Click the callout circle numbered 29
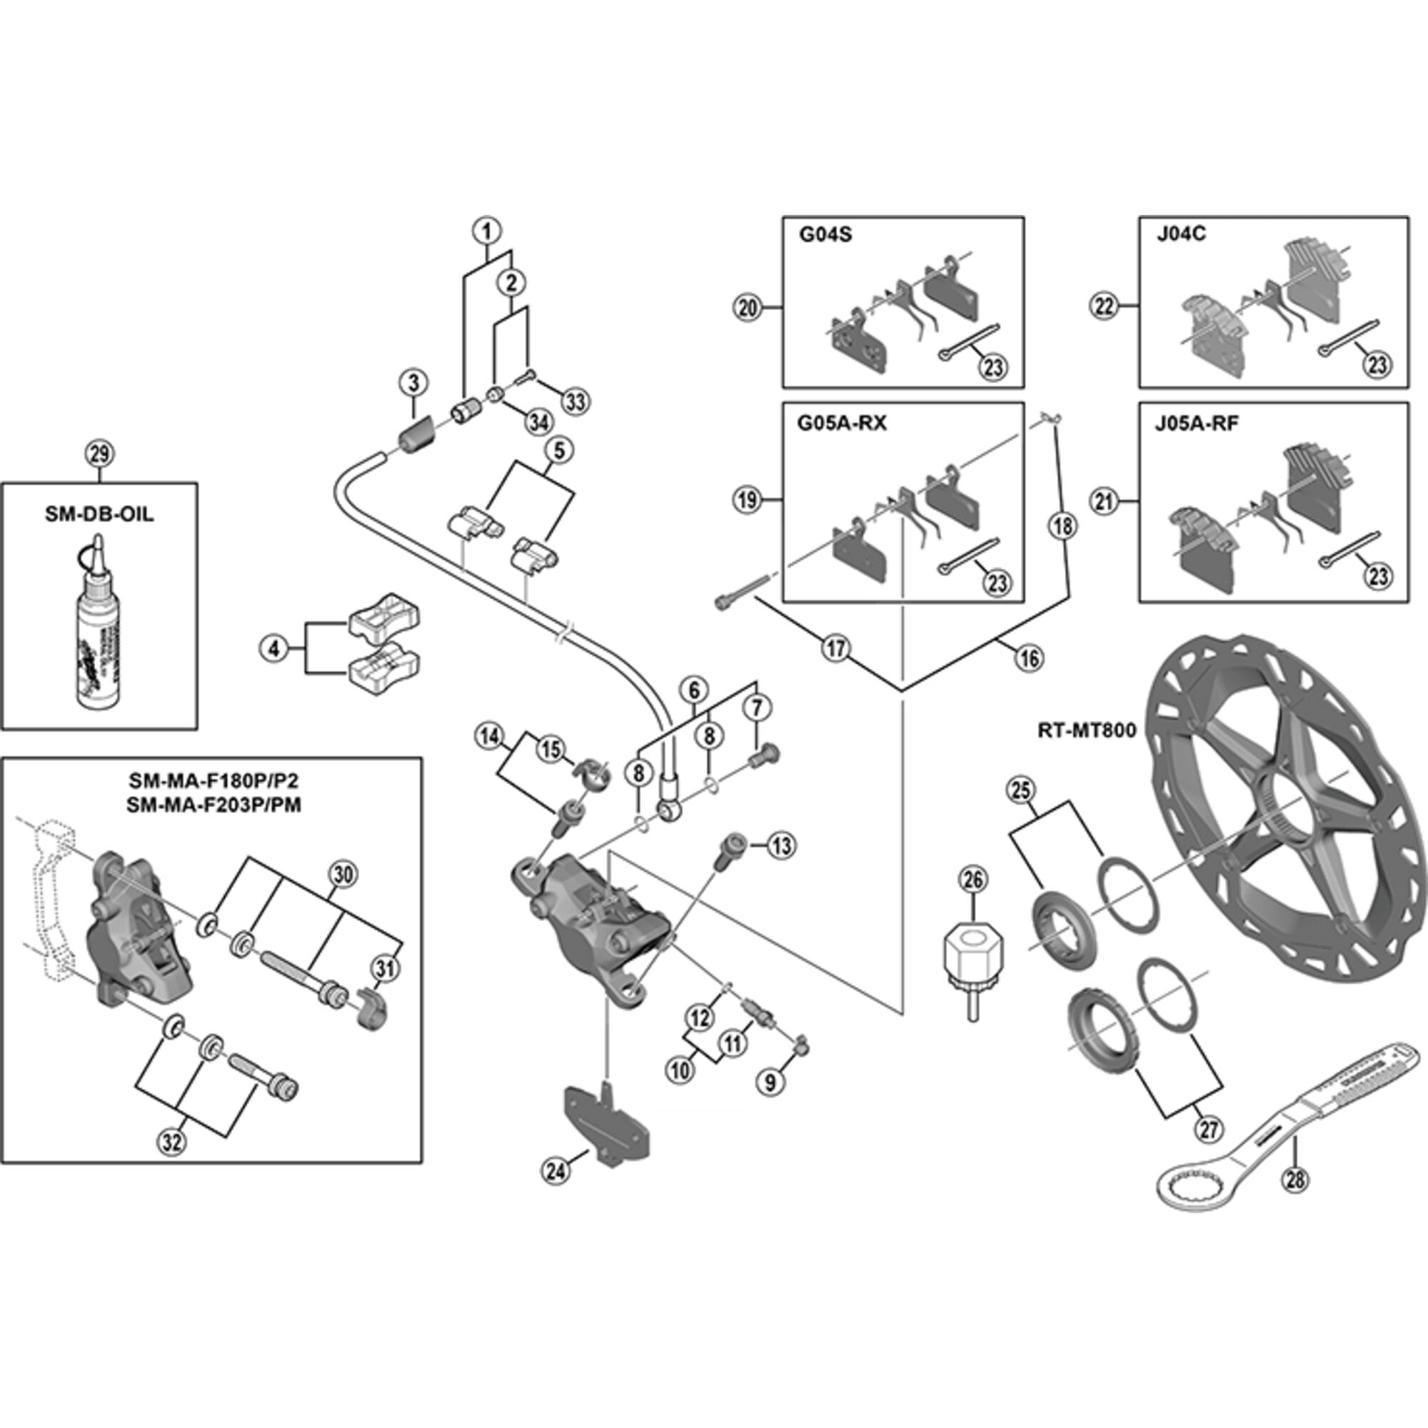coord(100,454)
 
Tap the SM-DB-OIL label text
coord(100,514)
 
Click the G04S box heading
coord(825,236)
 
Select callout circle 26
coord(973,880)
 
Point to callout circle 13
coord(781,845)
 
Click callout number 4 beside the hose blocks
coord(274,650)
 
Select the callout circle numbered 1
coord(487,231)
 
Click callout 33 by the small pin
coord(575,402)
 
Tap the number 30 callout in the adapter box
coord(342,875)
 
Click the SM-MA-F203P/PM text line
coord(213,805)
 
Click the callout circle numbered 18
coord(1063,526)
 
